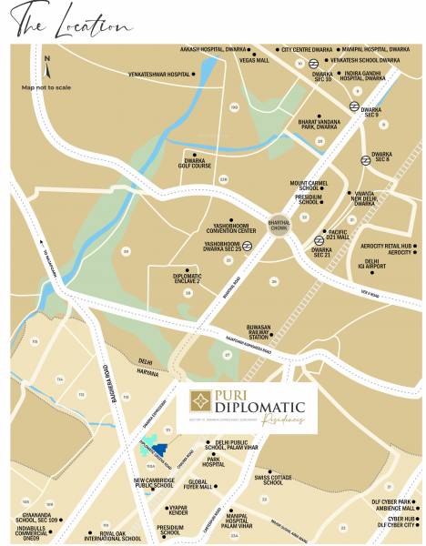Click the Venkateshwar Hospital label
pos(159,74)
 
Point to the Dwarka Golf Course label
pos(197,162)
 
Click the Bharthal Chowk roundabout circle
pos(279,223)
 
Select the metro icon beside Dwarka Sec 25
pos(247,245)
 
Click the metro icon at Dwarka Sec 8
pos(365,160)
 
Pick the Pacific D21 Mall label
pos(338,234)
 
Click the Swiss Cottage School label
pos(273,479)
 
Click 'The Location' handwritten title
pos(67,21)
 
